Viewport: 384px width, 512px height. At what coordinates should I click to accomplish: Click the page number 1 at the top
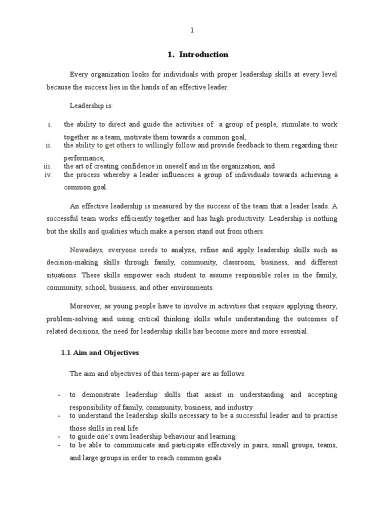pos(191,30)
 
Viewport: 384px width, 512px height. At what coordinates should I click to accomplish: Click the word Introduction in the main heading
pos(204,54)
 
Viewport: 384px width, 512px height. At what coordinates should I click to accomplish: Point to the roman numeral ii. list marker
pos(48,145)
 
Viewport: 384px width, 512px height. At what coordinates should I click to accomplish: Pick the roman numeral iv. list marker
pos(48,174)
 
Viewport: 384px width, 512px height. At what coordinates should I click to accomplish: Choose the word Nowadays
pos(87,249)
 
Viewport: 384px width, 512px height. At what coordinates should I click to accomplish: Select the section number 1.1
pos(65,352)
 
